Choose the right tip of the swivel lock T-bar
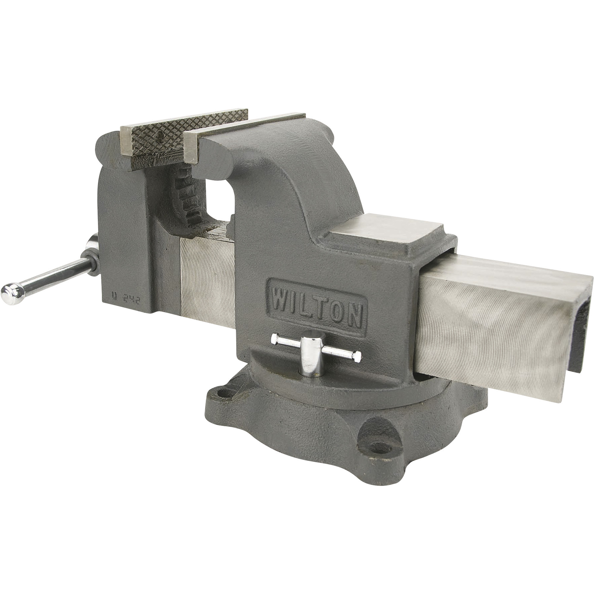[359, 356]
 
